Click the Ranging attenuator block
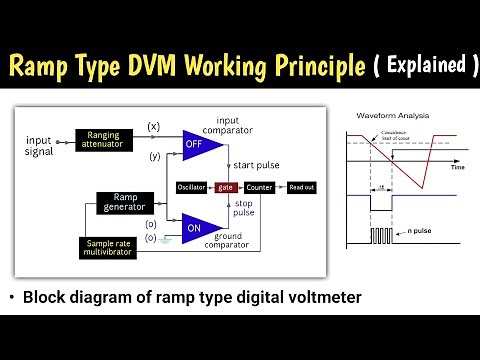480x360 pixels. [x=103, y=139]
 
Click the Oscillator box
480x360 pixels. [x=191, y=187]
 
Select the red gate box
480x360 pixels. [x=225, y=187]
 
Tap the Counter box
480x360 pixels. [x=258, y=187]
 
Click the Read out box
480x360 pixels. [x=301, y=187]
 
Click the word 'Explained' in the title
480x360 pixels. [x=420, y=67]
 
